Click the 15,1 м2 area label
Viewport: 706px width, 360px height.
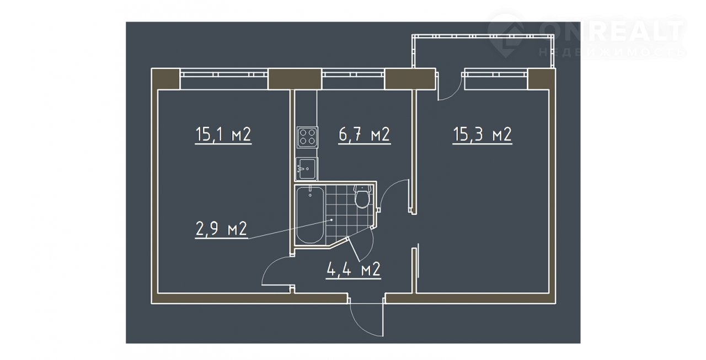click(223, 135)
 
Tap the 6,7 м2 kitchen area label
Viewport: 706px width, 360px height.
click(365, 135)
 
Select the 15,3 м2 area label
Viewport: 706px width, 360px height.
click(482, 135)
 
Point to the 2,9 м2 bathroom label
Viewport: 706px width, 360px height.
click(221, 229)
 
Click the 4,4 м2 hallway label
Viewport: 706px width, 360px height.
click(354, 270)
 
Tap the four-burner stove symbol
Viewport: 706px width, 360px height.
click(307, 137)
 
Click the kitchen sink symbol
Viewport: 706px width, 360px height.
click(307, 169)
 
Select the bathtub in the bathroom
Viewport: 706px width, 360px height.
click(310, 214)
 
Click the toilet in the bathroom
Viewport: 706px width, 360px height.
click(362, 196)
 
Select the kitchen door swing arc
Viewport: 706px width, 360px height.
click(387, 189)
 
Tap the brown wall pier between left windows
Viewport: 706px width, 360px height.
click(295, 79)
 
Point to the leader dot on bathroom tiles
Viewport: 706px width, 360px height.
click(331, 220)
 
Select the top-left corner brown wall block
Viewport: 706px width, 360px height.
click(166, 79)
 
